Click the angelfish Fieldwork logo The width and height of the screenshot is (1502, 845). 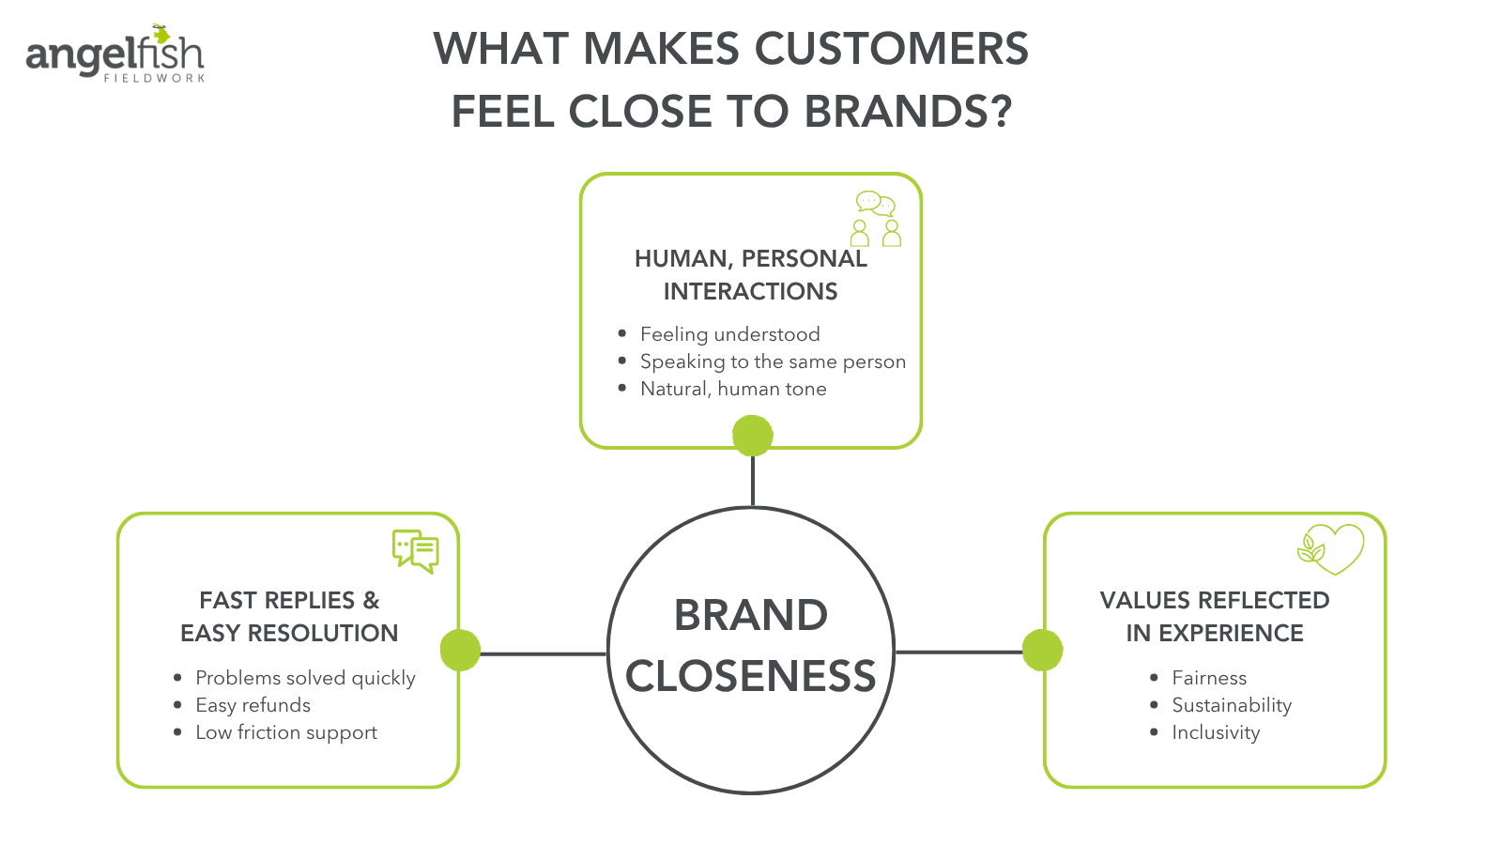[x=115, y=54]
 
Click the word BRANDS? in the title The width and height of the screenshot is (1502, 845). [x=908, y=112]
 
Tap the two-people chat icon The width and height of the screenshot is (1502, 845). [x=877, y=219]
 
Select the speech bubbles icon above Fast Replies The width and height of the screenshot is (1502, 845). [x=415, y=551]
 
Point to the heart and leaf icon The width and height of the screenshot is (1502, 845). [x=1330, y=548]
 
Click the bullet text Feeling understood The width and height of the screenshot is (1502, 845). [x=729, y=334]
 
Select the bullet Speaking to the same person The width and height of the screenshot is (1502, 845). [x=773, y=361]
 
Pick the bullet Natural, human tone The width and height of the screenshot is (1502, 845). [x=733, y=389]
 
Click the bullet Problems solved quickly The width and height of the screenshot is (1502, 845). [x=305, y=678]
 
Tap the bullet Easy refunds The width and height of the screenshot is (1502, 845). [x=253, y=705]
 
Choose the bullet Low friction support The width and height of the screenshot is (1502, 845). [x=286, y=732]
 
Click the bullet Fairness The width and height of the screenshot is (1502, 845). [x=1209, y=678]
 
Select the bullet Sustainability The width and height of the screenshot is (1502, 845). [x=1232, y=705]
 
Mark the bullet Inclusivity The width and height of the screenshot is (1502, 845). [x=1216, y=732]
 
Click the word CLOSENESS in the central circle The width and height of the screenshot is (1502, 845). [x=750, y=676]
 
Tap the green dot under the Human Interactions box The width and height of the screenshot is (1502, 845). [x=752, y=436]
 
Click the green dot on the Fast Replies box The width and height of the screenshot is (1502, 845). [x=460, y=650]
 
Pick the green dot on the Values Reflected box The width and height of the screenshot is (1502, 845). [x=1042, y=650]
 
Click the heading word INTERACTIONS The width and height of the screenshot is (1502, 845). [x=750, y=291]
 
